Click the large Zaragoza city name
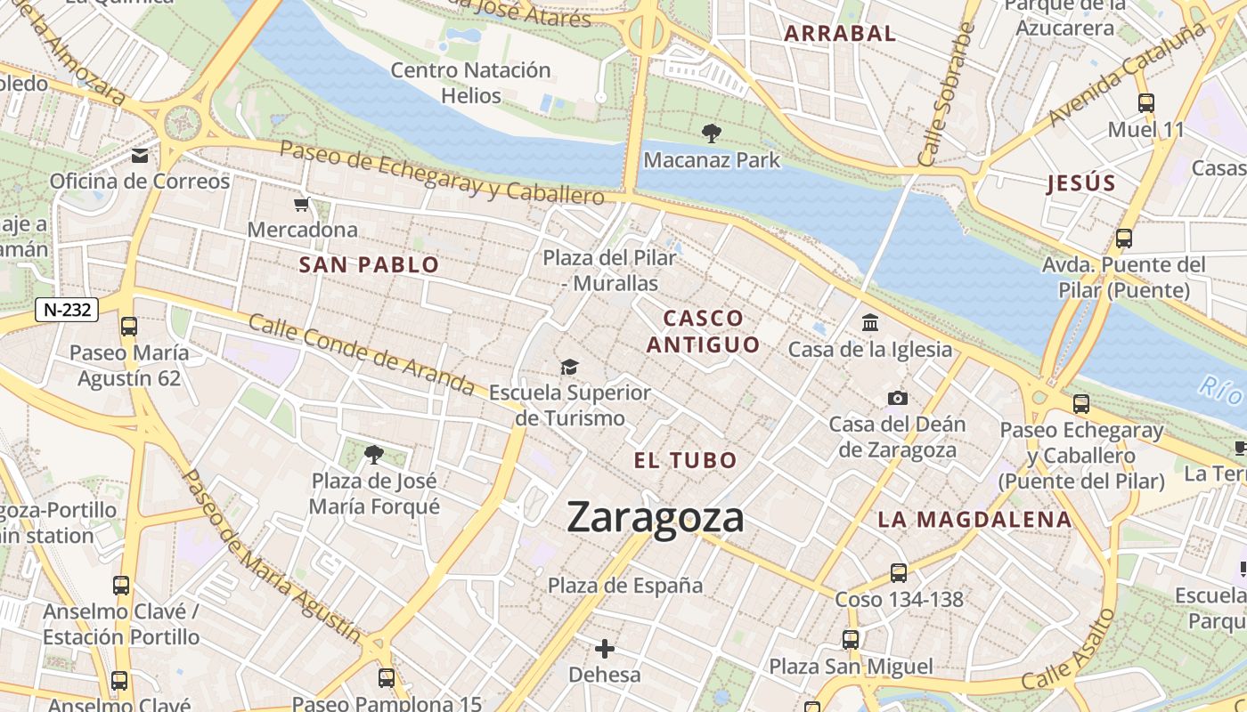click(655, 517)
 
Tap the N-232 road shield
click(66, 310)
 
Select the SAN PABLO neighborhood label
click(369, 264)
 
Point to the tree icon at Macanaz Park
click(711, 133)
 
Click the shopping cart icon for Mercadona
click(302, 204)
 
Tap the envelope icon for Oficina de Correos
click(140, 156)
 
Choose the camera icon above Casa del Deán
click(897, 398)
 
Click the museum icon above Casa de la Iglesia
click(870, 322)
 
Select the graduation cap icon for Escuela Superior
click(569, 367)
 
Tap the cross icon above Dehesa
click(605, 649)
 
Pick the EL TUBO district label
click(685, 460)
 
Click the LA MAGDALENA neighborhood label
click(974, 520)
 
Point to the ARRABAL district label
click(839, 34)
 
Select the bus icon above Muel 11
click(1145, 103)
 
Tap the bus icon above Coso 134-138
click(899, 573)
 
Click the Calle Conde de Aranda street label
click(361, 354)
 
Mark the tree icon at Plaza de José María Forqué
click(374, 455)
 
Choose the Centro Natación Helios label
click(470, 83)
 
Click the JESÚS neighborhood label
click(1081, 183)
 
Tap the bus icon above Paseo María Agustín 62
click(129, 327)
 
